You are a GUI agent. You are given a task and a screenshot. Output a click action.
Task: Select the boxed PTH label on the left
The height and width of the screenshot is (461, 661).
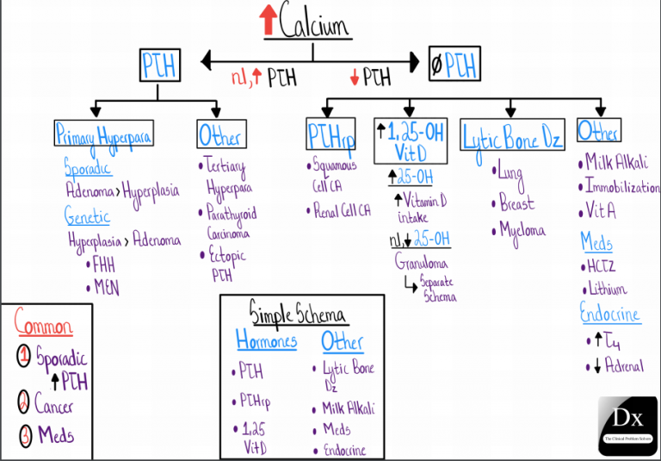pyautogui.click(x=160, y=65)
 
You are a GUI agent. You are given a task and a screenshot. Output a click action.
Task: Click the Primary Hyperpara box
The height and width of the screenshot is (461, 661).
pyautogui.click(x=104, y=134)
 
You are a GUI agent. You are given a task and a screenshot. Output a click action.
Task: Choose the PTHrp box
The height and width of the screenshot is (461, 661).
pyautogui.click(x=330, y=136)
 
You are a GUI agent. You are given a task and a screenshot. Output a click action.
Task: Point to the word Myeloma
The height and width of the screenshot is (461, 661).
pyautogui.click(x=522, y=231)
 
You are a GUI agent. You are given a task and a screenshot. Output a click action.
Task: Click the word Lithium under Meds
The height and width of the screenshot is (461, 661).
pyautogui.click(x=606, y=289)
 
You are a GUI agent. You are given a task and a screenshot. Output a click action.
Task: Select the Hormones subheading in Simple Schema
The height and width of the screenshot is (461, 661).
pyautogui.click(x=267, y=341)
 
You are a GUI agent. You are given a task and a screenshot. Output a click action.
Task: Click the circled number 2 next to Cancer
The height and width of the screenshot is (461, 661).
pyautogui.click(x=25, y=402)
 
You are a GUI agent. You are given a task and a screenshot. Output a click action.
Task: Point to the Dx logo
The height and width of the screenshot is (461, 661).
pyautogui.click(x=628, y=424)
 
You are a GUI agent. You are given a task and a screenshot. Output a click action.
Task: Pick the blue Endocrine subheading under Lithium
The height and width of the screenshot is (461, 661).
pyautogui.click(x=609, y=314)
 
